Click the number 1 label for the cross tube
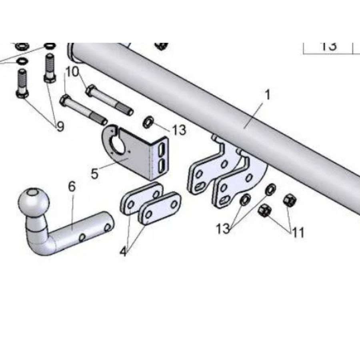point(268,95)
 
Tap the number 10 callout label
point(72,72)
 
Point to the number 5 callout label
point(94,174)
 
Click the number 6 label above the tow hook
point(72,186)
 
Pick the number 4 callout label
point(123,252)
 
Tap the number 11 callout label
point(298,232)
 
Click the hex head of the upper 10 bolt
point(90,90)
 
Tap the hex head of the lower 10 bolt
point(64,100)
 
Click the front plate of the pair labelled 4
point(160,208)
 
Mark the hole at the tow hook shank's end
point(107,228)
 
